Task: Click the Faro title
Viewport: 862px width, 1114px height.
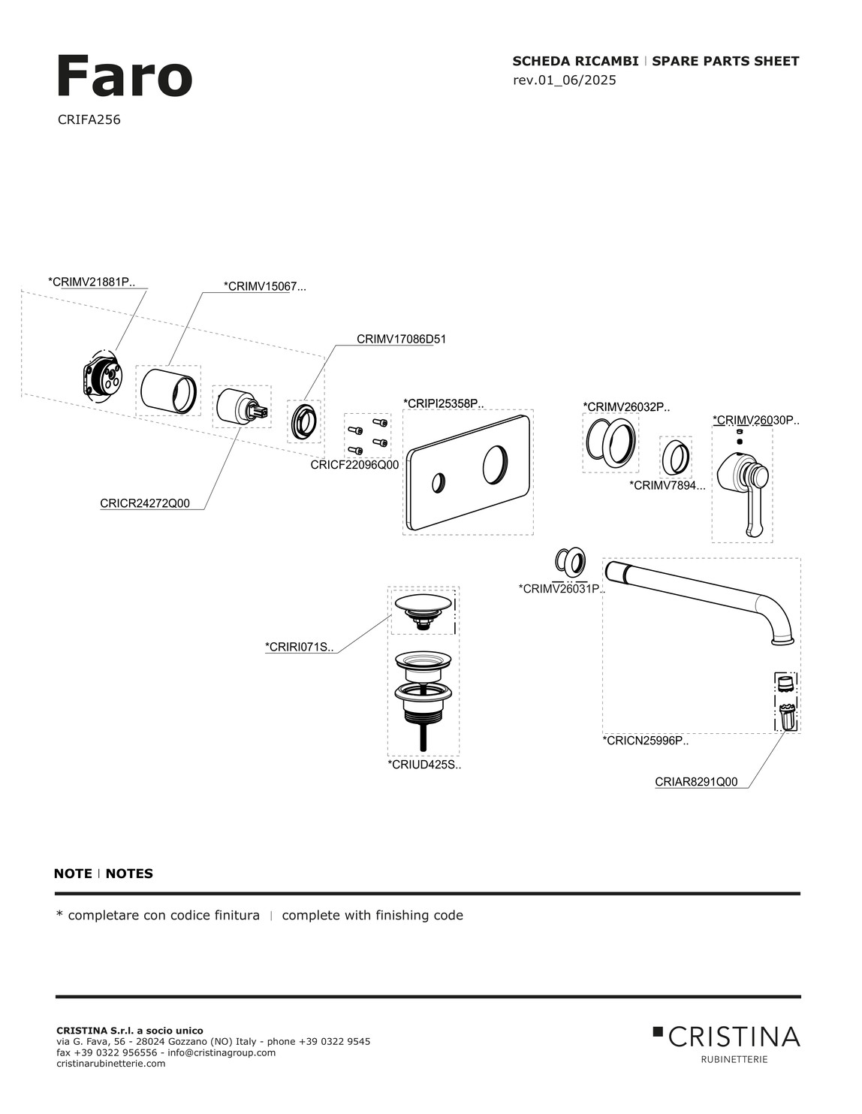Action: pos(124,77)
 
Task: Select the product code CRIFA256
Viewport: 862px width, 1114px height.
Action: pos(89,119)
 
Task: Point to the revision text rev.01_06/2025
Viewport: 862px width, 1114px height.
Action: pos(564,80)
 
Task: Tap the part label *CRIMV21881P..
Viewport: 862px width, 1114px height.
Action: pos(92,282)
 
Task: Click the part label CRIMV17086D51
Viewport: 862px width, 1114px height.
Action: pos(401,340)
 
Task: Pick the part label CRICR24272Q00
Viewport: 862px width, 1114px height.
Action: pos(145,503)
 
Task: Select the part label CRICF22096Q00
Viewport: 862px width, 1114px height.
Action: pos(354,465)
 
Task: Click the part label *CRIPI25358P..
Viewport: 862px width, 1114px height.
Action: pos(444,403)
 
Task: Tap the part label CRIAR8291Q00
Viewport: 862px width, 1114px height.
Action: pos(696,782)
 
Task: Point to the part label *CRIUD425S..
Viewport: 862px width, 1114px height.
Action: pos(424,765)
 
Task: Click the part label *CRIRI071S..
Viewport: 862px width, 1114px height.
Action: pos(299,647)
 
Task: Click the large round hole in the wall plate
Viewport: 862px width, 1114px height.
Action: pos(495,464)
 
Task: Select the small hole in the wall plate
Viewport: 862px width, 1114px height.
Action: pos(439,483)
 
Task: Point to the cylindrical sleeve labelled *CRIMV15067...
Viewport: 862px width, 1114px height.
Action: pos(168,390)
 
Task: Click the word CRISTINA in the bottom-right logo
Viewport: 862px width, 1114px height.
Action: pos(734,1037)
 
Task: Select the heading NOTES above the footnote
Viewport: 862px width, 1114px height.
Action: pos(129,874)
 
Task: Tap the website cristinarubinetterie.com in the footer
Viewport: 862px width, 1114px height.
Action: pos(111,1064)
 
